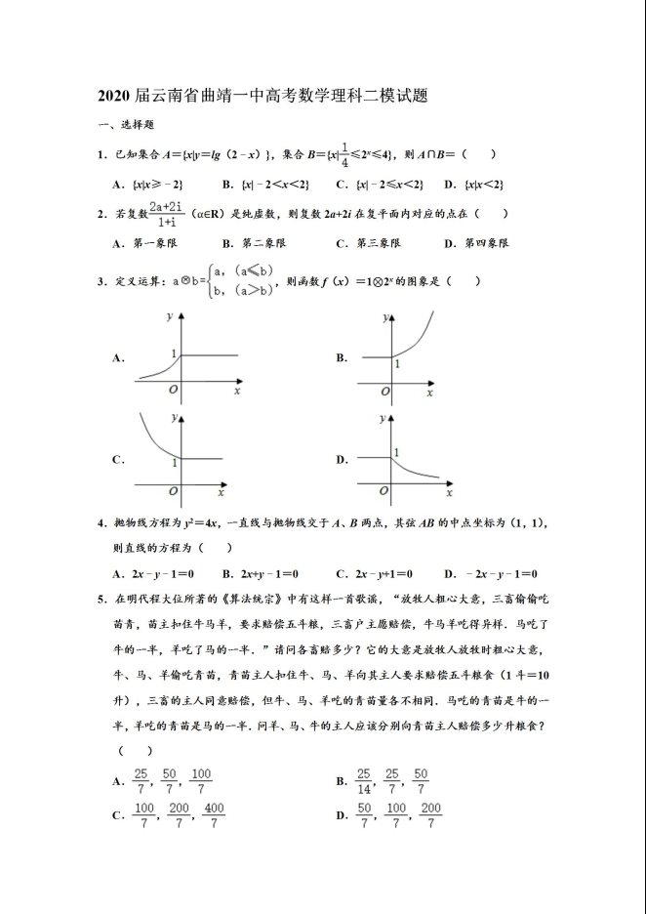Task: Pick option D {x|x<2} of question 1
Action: click(x=472, y=185)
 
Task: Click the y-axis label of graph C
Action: click(x=174, y=417)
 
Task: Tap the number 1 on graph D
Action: click(x=395, y=450)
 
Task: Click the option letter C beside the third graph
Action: click(x=117, y=459)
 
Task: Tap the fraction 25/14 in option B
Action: click(x=363, y=780)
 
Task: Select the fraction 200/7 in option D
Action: click(x=430, y=815)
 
